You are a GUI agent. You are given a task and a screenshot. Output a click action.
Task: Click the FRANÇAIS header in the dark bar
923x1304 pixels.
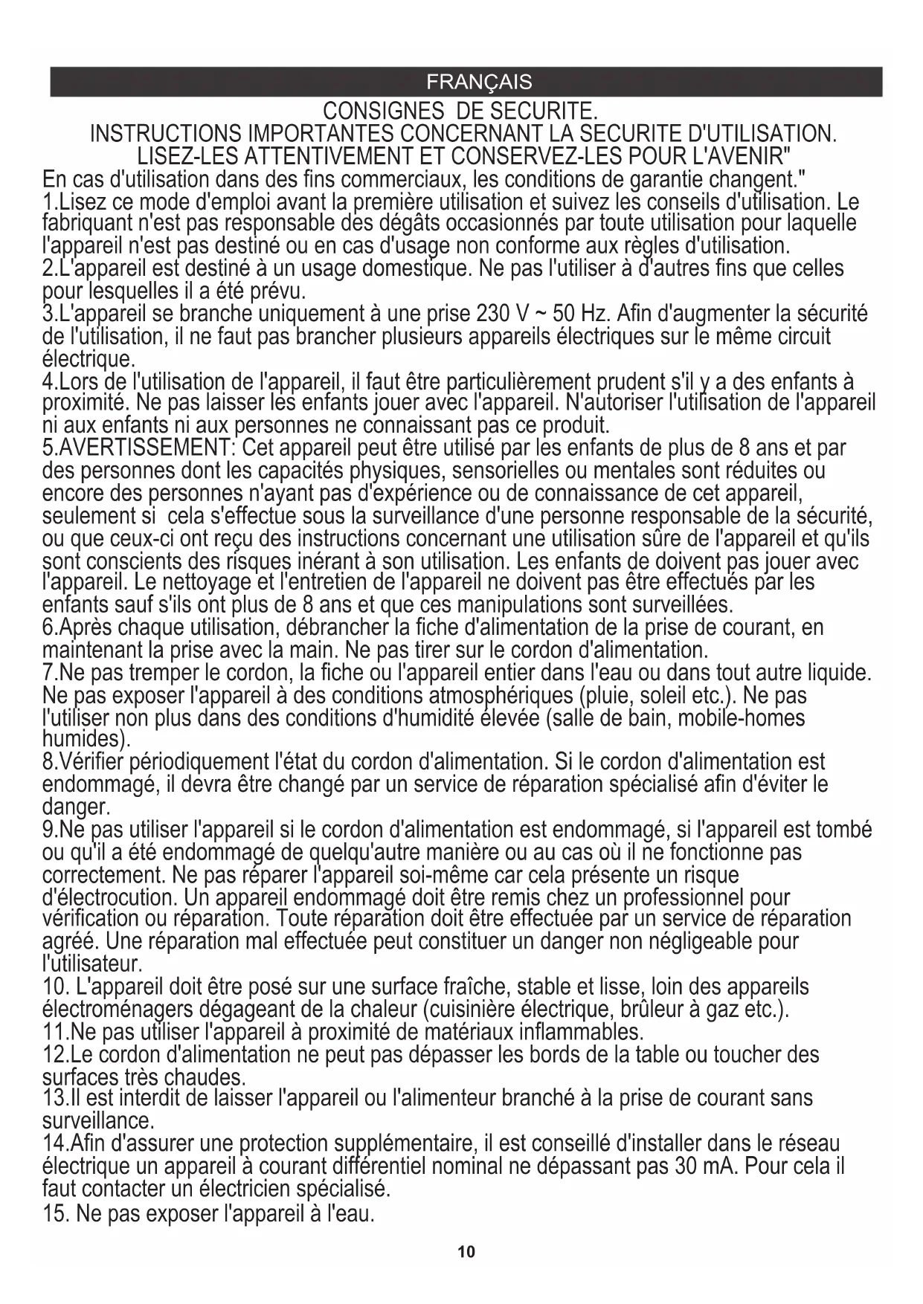tap(479, 82)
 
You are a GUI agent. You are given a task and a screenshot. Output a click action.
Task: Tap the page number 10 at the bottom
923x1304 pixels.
tap(466, 1252)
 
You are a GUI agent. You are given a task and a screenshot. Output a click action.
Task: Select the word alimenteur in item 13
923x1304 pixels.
tap(442, 1097)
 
